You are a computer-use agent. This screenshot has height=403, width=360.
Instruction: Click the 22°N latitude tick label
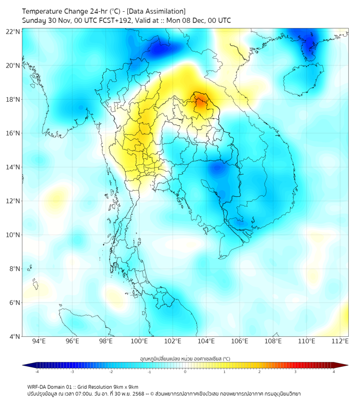click(x=13, y=32)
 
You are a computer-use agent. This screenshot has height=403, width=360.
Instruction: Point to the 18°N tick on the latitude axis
click(x=13, y=100)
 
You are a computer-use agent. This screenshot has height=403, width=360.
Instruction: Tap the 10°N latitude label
click(x=13, y=235)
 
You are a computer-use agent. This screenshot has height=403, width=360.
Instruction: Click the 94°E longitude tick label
click(x=39, y=342)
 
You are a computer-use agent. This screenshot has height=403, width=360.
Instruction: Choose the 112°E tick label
click(x=340, y=342)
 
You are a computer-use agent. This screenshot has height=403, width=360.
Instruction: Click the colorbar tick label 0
click(x=185, y=372)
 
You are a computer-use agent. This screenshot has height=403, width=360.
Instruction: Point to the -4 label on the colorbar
click(x=36, y=372)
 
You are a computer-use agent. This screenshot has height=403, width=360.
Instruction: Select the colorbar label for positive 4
click(x=334, y=372)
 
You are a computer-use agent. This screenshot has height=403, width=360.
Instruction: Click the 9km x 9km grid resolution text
click(x=124, y=386)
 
